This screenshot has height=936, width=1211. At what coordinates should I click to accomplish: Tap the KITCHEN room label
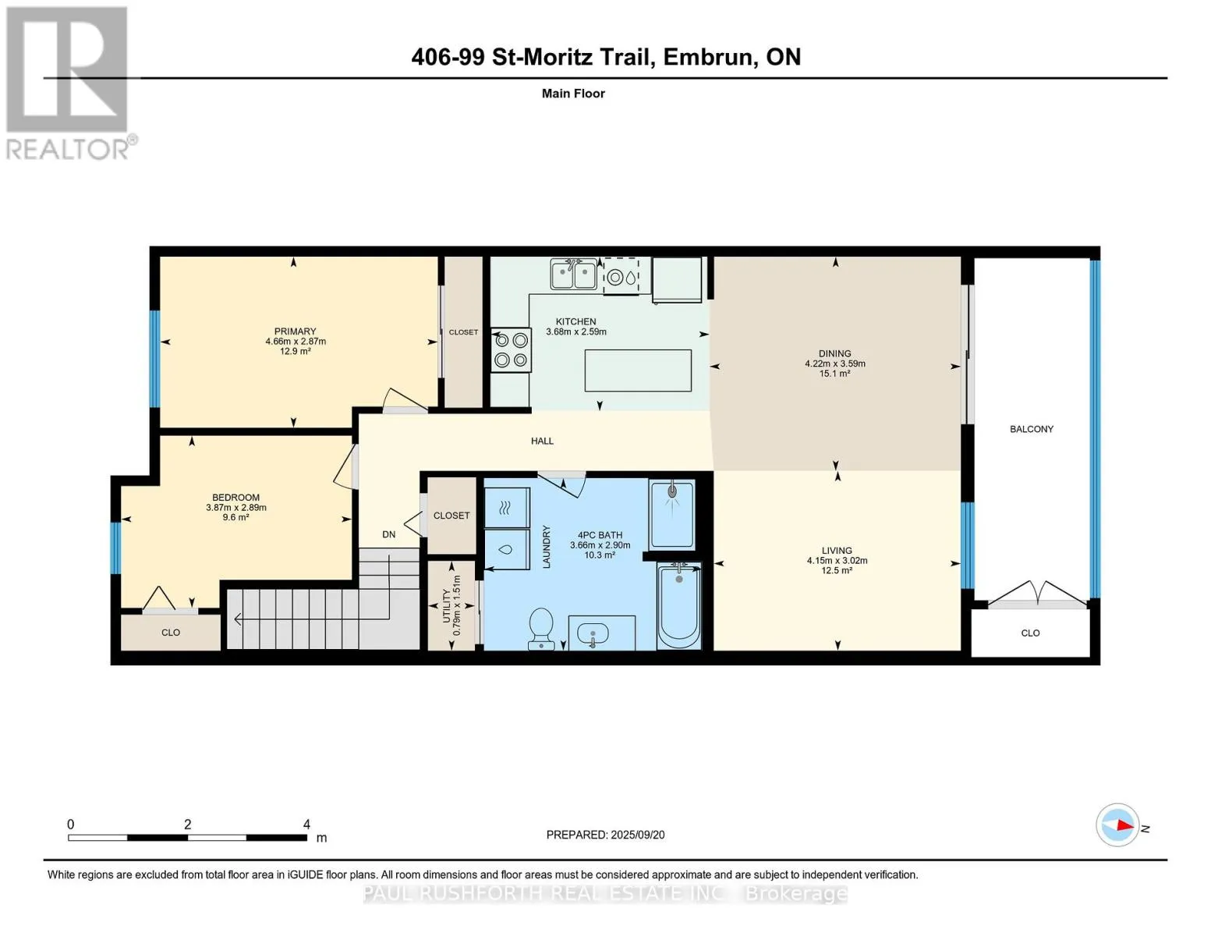coord(575,321)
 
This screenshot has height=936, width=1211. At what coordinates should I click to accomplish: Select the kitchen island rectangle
coord(638,370)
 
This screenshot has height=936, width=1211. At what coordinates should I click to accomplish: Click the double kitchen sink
coord(573,275)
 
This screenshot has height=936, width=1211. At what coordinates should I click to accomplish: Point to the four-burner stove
coord(511,350)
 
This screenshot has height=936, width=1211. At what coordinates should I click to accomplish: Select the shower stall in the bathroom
coord(672,515)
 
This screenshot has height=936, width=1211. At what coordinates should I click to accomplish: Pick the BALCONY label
coord(1032,429)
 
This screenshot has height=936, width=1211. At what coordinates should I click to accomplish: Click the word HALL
coord(542,441)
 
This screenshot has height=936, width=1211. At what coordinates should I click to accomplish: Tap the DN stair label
coord(388,534)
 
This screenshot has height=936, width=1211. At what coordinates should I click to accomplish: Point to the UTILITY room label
coord(446,605)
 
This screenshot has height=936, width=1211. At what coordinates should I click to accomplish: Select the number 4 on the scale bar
coord(306,824)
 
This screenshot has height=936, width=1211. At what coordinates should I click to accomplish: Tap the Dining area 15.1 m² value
coord(834,374)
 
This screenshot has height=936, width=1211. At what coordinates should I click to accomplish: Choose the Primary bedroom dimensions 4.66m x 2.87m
coord(296,341)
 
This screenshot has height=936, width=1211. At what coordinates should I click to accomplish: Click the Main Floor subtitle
coord(573,94)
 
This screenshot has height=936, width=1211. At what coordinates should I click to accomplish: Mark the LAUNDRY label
coord(546,547)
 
